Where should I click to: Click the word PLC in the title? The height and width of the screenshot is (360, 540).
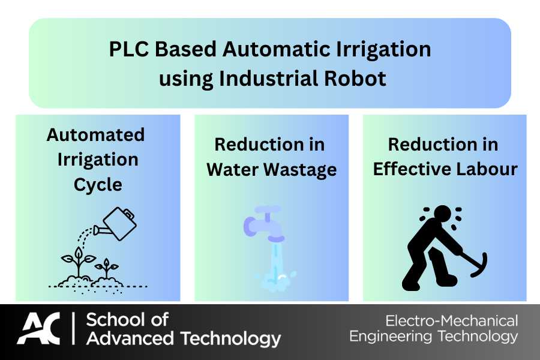tap(129, 49)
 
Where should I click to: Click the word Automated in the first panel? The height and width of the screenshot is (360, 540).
tap(96, 134)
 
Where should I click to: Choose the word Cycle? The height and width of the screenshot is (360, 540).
tap(98, 185)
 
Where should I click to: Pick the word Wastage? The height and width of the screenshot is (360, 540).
tap(300, 169)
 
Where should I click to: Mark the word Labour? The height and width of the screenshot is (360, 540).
tap(487, 169)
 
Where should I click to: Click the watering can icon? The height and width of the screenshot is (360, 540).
tap(115, 224)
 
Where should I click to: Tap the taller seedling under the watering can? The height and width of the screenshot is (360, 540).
tap(79, 262)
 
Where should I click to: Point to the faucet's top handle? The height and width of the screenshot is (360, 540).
tap(268, 209)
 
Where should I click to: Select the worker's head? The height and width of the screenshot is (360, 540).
tap(443, 214)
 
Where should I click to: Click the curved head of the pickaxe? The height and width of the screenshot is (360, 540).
tap(481, 266)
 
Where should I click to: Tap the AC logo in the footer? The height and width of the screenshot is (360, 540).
tap(39, 328)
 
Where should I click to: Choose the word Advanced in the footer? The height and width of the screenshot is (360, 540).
tap(130, 338)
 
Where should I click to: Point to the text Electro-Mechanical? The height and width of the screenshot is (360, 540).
tap(452, 321)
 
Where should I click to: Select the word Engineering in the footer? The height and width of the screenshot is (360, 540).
tap(391, 337)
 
